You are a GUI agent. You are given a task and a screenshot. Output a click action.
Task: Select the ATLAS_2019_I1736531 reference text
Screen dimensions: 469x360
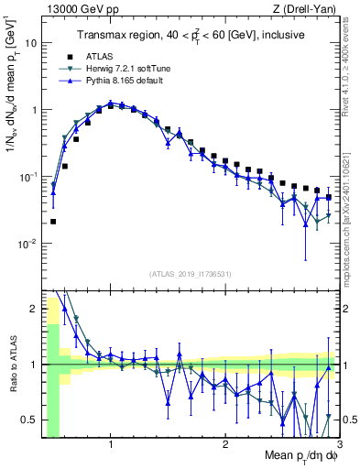[190, 273]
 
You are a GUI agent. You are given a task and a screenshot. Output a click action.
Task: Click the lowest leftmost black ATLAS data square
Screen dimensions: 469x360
[53, 222]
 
